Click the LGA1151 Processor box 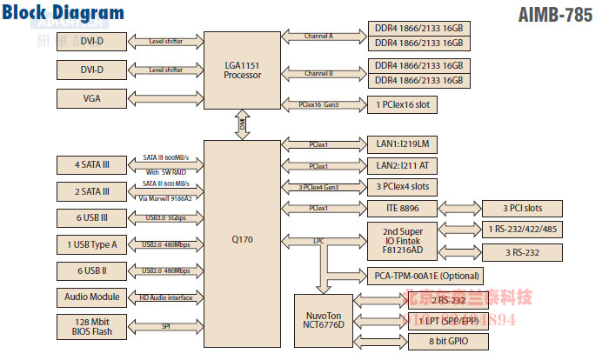(243, 70)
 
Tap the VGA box (92, 98)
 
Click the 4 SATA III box (92, 163)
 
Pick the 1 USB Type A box (92, 244)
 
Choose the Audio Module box (92, 297)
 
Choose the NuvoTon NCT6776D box (323, 319)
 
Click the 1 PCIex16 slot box (403, 104)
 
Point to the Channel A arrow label (319, 35)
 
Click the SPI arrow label (165, 326)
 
